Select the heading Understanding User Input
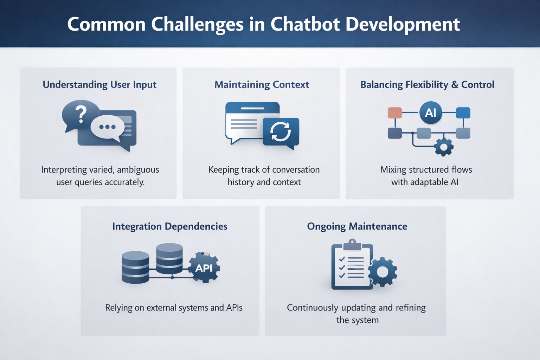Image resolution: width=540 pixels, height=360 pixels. click(x=99, y=85)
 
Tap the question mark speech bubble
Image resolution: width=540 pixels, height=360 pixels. click(x=81, y=114)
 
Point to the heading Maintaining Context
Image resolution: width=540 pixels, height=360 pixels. click(x=262, y=85)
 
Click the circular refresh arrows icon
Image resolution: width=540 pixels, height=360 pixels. click(x=280, y=132)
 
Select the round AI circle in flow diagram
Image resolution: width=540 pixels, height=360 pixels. click(x=431, y=113)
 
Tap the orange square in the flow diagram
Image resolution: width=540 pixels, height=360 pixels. click(x=394, y=113)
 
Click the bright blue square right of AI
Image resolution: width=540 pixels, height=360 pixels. click(x=463, y=113)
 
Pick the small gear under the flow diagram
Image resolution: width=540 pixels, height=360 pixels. click(x=444, y=147)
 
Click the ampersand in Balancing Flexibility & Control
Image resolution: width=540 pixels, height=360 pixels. click(x=455, y=85)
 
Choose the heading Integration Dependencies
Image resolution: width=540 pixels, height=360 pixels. click(x=170, y=226)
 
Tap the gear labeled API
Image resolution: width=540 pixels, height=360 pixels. click(x=204, y=268)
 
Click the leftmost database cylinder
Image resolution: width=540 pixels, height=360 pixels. click(x=135, y=267)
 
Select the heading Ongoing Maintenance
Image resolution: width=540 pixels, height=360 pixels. click(x=357, y=226)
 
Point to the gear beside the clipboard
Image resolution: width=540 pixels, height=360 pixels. click(x=382, y=272)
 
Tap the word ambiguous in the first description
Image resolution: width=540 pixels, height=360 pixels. click(x=138, y=170)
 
